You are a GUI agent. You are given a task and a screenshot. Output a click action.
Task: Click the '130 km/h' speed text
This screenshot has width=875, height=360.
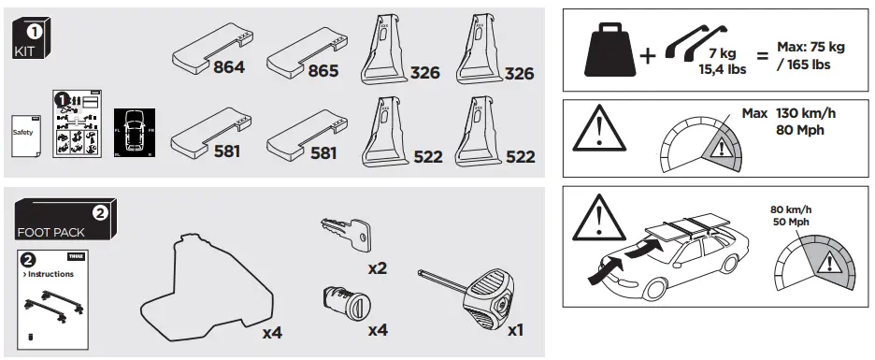tap(805, 113)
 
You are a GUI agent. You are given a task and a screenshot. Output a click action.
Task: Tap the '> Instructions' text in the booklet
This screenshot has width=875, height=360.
tap(48, 274)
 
